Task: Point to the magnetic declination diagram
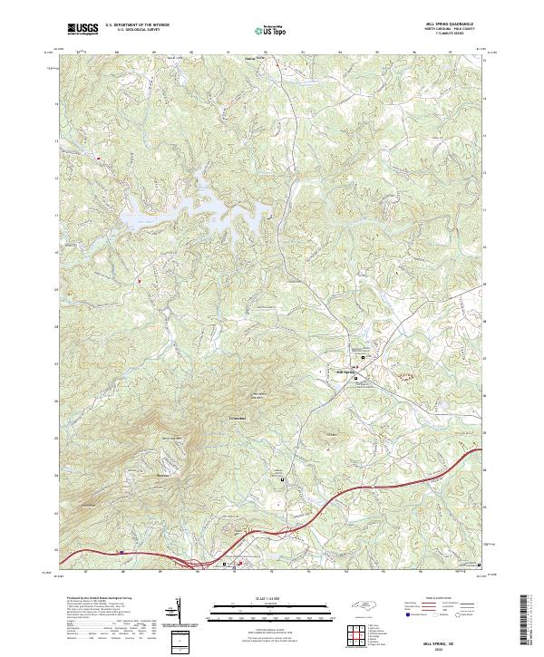point(179,612)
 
